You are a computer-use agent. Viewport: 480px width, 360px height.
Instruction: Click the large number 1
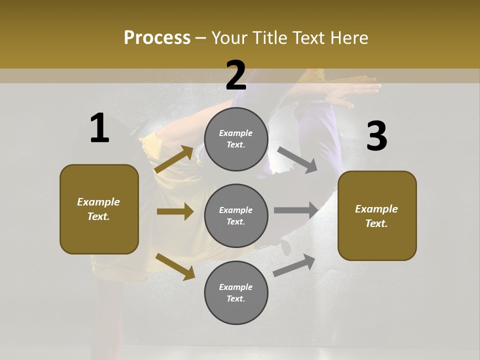[x=99, y=128]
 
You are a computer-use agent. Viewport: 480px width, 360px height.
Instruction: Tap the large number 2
[x=236, y=75]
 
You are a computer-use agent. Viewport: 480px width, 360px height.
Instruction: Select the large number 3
[x=376, y=136]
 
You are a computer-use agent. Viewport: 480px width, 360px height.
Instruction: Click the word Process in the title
[x=157, y=37]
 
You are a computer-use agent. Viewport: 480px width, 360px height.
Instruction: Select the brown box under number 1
[x=99, y=209]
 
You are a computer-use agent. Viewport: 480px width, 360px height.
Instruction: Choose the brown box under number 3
[x=377, y=215]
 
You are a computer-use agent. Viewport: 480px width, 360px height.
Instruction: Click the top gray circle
[x=236, y=139]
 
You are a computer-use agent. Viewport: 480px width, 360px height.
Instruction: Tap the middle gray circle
[x=236, y=215]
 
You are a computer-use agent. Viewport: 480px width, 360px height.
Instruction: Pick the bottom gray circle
[x=236, y=292]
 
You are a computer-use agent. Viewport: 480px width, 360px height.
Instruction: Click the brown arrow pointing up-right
[x=174, y=159]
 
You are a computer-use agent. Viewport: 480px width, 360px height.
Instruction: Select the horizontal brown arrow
[x=175, y=211]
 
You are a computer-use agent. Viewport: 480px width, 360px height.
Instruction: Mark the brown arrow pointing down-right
[x=175, y=266]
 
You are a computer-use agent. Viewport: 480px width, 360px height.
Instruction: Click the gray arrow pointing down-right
[x=297, y=159]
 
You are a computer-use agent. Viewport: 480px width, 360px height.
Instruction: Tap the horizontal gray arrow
[x=296, y=210]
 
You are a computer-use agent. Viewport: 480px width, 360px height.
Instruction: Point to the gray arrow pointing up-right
[x=294, y=265]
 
